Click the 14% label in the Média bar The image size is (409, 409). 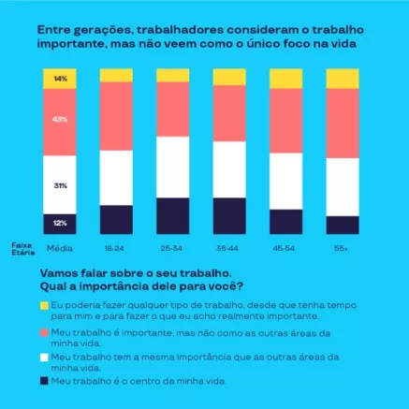pyautogui.click(x=60, y=79)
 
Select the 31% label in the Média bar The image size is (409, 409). pyautogui.click(x=60, y=185)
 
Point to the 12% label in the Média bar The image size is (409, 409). pyautogui.click(x=60, y=223)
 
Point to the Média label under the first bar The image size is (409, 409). pyautogui.click(x=60, y=247)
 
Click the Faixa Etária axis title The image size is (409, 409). pyautogui.click(x=21, y=248)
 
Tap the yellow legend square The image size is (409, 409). pyautogui.click(x=44, y=305)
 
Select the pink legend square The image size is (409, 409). pyautogui.click(x=44, y=331)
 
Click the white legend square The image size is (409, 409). pyautogui.click(x=44, y=357)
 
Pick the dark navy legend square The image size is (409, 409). pyautogui.click(x=44, y=382)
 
